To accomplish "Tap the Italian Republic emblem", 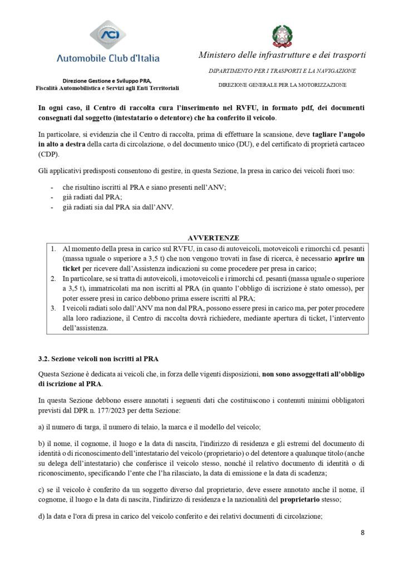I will [282, 36].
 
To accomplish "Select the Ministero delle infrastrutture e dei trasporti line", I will [282, 56].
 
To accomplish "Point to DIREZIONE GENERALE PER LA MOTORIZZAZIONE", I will [282, 85].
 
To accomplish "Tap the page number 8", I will [362, 532].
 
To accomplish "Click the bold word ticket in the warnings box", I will [72, 268].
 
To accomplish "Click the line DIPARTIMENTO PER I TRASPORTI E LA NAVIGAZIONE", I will [282, 71].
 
